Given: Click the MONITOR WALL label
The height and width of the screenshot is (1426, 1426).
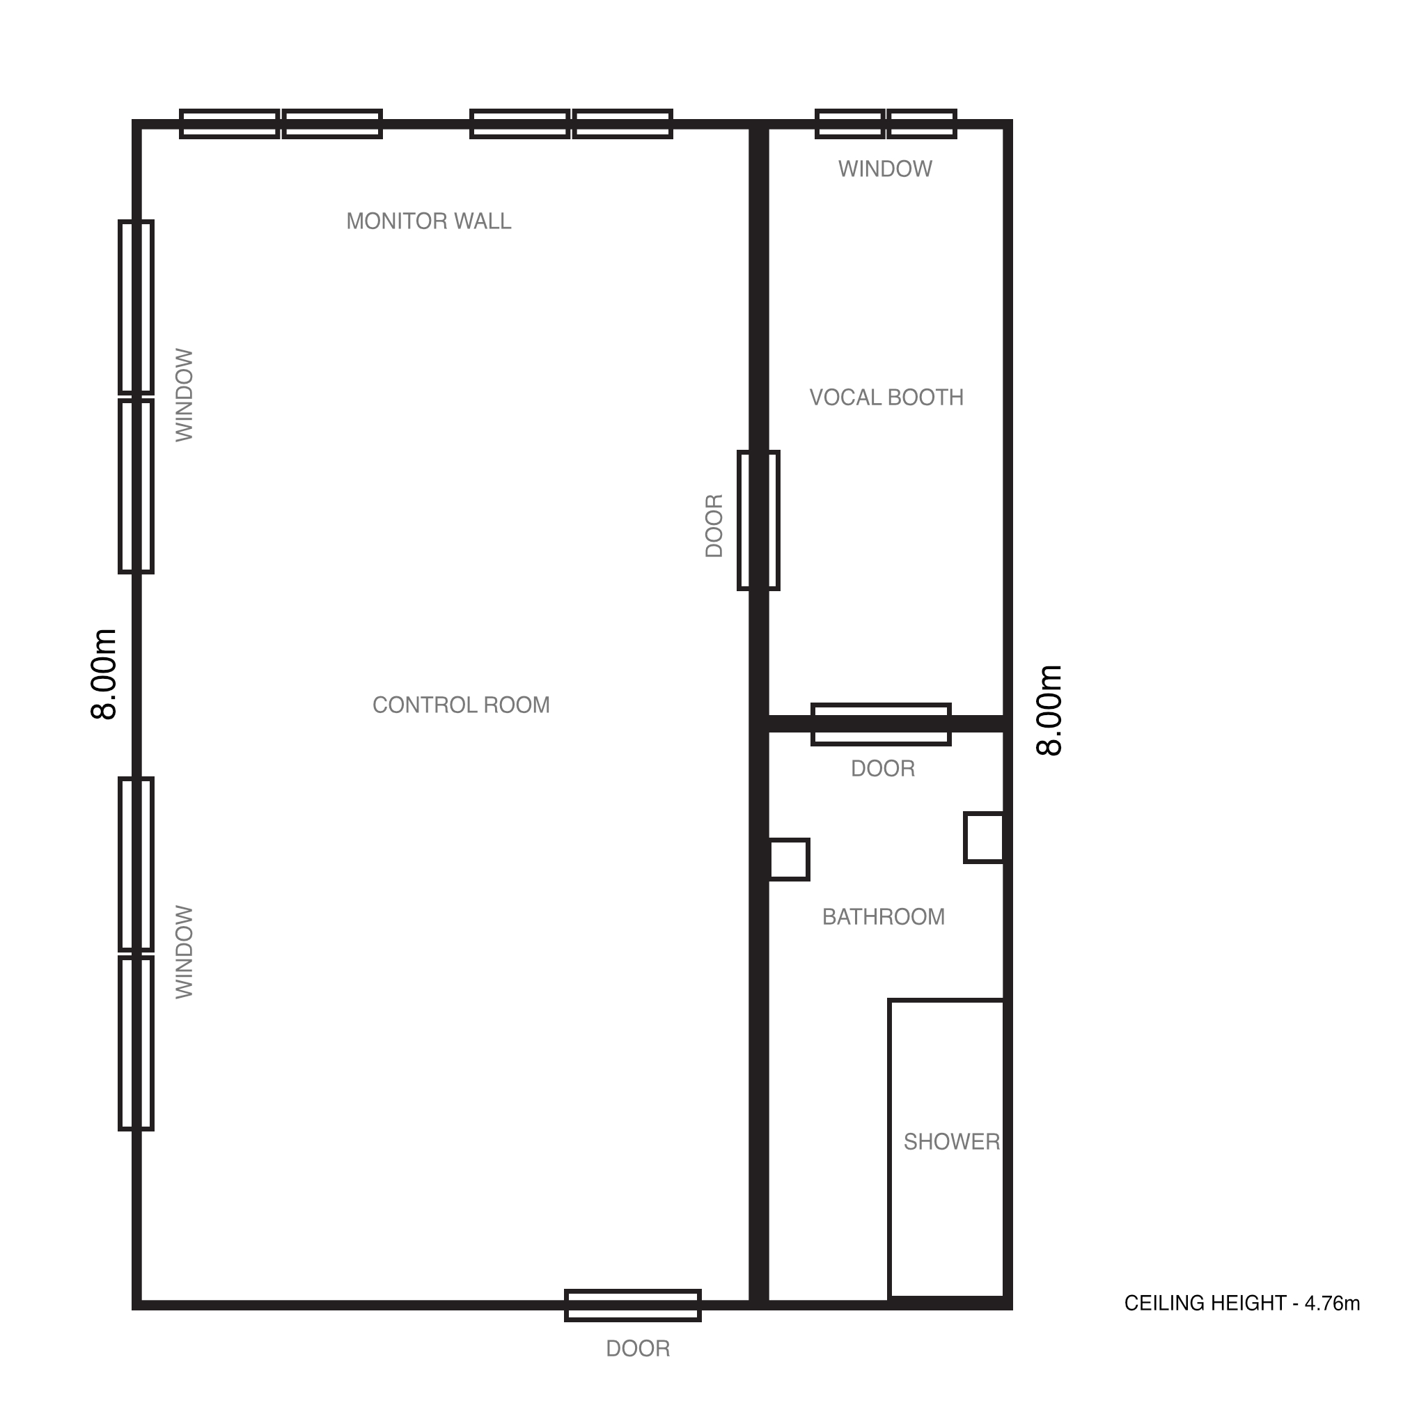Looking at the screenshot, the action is [429, 221].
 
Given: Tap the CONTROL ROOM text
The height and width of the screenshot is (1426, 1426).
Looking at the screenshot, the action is [462, 705].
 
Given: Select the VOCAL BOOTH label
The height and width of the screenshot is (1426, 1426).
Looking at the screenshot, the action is [886, 398].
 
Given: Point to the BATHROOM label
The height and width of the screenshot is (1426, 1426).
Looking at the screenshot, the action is [884, 918].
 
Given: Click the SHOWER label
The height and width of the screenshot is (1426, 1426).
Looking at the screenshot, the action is [951, 1143].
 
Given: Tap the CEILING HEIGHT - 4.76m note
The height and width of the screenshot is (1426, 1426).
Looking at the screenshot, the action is [1242, 1304].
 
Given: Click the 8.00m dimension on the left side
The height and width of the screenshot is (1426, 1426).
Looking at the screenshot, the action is [104, 674].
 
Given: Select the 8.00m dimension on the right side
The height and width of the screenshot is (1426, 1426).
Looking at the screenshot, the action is [1049, 711].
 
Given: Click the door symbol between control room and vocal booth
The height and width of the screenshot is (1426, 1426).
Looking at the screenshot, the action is [759, 520].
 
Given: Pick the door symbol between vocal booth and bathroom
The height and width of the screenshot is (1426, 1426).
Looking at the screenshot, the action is [882, 725].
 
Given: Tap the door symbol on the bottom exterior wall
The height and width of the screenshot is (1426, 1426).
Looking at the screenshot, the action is [632, 1306].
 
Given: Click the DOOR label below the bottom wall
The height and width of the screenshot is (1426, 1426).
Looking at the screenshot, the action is [638, 1349].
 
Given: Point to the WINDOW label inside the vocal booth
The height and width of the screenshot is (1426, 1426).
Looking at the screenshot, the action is [885, 169].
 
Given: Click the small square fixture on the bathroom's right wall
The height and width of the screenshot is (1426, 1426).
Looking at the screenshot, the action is [984, 838].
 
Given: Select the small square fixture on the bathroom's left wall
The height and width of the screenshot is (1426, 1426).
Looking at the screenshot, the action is [789, 860].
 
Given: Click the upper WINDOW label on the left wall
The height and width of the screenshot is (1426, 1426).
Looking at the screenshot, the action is [185, 395].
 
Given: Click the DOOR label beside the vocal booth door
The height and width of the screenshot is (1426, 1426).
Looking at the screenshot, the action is [714, 526].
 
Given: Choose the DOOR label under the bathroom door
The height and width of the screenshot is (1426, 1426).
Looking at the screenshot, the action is [883, 769].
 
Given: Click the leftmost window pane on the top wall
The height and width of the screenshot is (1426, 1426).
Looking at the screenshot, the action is [230, 124].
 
